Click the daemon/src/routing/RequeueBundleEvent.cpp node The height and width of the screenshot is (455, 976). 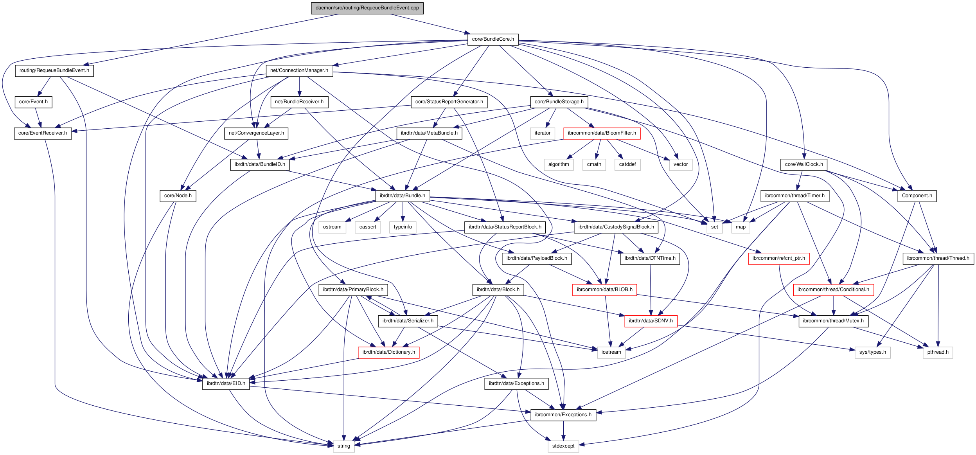click(367, 8)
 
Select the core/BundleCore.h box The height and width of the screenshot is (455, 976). click(493, 39)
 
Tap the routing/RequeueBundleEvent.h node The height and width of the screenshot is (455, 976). click(54, 70)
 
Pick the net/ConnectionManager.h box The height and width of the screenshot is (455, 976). click(299, 70)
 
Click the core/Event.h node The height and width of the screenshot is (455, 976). click(33, 102)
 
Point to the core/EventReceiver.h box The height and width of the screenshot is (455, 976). click(43, 133)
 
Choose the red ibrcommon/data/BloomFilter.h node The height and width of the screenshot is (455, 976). click(602, 133)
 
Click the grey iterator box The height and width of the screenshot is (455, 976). click(542, 133)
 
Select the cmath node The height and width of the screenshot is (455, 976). click(594, 164)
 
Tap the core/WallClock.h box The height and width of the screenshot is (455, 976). click(804, 164)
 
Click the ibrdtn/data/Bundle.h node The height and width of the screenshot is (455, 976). click(403, 196)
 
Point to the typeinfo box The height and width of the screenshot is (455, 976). click(403, 227)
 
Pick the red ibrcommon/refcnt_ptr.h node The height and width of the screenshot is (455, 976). click(778, 258)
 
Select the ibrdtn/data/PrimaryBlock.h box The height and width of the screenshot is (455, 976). click(353, 290)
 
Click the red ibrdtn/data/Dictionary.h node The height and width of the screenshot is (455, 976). click(388, 352)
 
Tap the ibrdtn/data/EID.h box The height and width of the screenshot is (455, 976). click(226, 383)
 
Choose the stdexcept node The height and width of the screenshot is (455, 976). click(563, 446)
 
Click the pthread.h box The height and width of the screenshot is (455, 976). click(938, 352)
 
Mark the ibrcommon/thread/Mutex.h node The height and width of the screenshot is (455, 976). click(833, 321)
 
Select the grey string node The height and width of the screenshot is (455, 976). click(343, 446)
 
